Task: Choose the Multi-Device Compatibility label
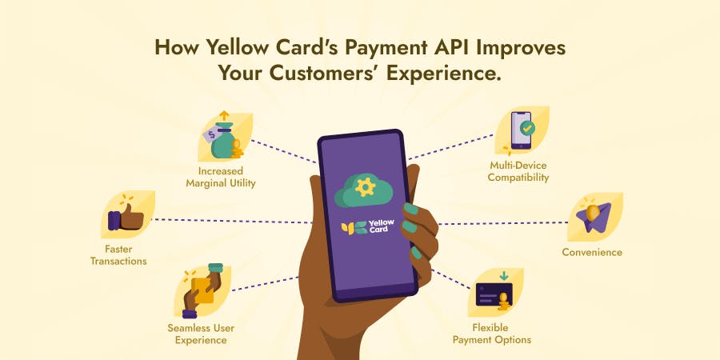coord(520,171)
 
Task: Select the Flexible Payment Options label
coord(492,334)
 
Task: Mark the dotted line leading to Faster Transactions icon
coord(232,220)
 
